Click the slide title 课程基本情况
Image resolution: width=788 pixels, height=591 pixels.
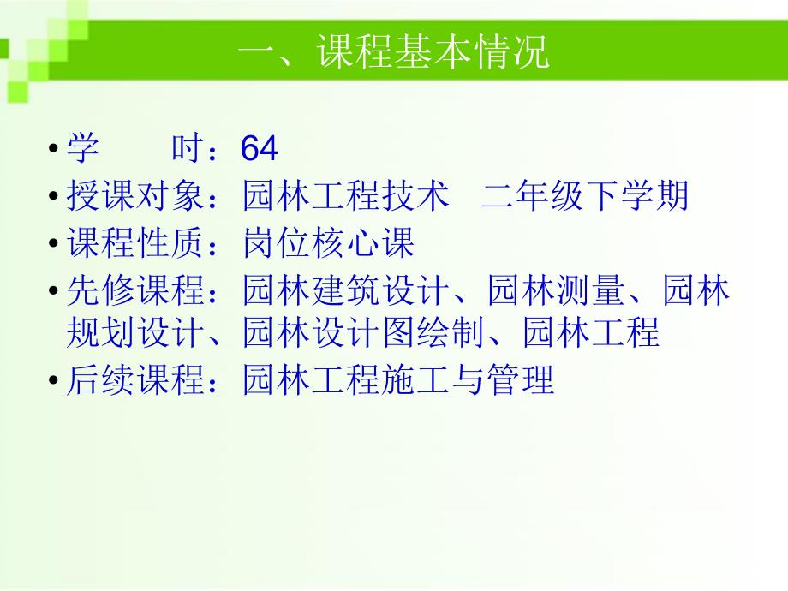(393, 54)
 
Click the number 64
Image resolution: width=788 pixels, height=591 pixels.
(260, 150)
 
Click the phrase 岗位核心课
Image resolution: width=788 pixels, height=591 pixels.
(329, 244)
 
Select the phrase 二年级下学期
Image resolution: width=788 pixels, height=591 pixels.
(585, 198)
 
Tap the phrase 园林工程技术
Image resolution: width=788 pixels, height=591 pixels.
(346, 198)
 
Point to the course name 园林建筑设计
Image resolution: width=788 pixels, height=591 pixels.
(346, 291)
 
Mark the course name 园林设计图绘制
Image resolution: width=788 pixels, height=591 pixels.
(364, 333)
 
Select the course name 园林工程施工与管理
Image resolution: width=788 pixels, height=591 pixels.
(398, 380)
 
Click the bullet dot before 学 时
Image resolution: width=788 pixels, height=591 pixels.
(55, 151)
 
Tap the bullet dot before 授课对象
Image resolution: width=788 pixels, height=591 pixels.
(55, 199)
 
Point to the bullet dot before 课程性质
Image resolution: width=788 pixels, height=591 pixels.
(55, 245)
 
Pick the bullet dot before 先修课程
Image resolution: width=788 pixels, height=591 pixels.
(55, 292)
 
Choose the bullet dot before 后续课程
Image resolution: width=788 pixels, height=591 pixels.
(55, 381)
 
